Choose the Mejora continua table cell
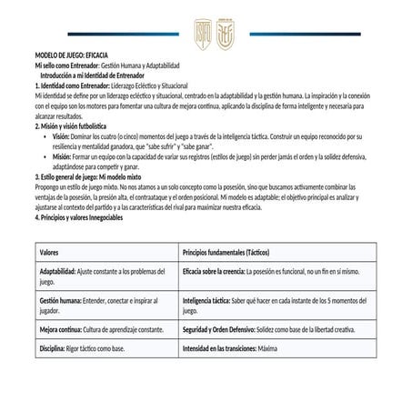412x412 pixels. click(101, 328)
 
